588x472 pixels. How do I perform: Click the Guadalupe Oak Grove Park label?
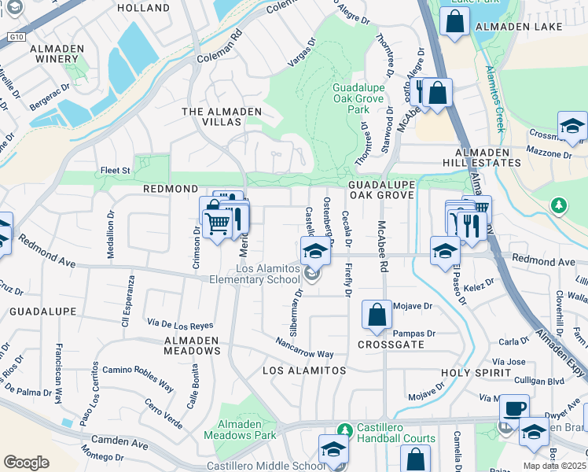coord(358,98)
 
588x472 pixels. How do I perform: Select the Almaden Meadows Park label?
coord(241,430)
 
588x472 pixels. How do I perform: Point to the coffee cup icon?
coord(514,408)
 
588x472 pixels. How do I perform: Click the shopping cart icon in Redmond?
coord(218,223)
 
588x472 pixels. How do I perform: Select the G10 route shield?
coord(15,37)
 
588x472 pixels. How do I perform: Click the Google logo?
coord(26,462)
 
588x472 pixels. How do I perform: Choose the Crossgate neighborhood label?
coord(391,345)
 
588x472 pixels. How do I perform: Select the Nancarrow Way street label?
coord(304,348)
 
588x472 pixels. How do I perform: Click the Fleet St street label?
coord(114,169)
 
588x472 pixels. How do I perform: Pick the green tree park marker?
coord(558,206)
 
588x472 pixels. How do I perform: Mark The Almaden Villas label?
coord(222,112)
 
